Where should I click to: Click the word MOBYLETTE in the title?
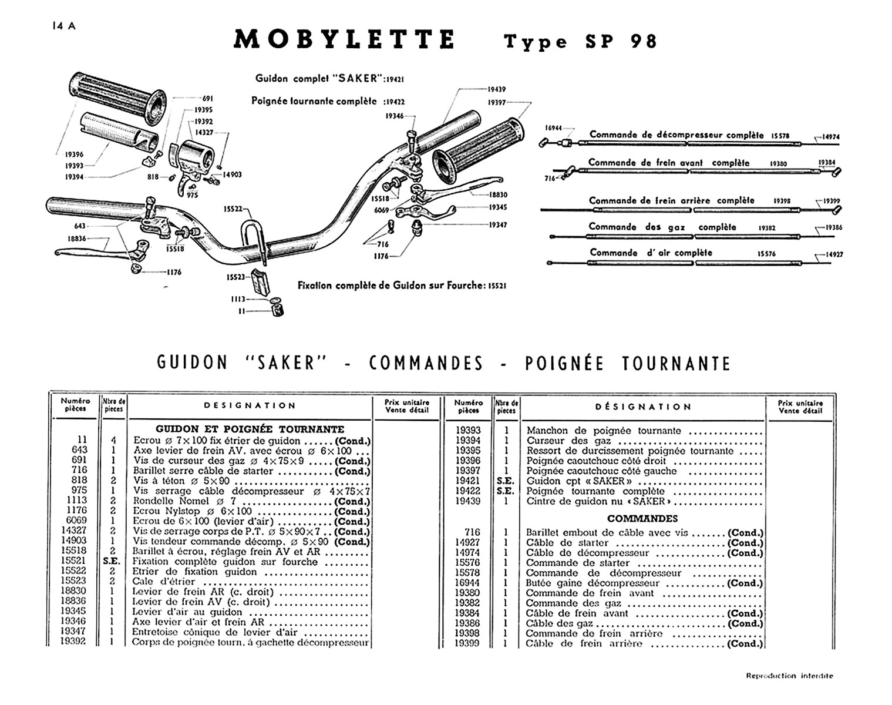coord(344,40)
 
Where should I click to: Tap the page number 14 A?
coord(63,26)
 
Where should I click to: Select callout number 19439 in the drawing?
coord(496,90)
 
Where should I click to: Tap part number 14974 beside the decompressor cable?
coord(831,137)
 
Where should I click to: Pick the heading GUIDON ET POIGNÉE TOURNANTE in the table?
coord(250,429)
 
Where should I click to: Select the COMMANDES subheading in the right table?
coord(642,519)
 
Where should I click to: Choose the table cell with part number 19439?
coord(468,501)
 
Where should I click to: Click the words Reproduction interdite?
coord(789,676)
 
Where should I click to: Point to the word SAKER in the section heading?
coord(284,363)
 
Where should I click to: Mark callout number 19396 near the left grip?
coord(74,155)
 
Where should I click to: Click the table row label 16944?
coord(468,583)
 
